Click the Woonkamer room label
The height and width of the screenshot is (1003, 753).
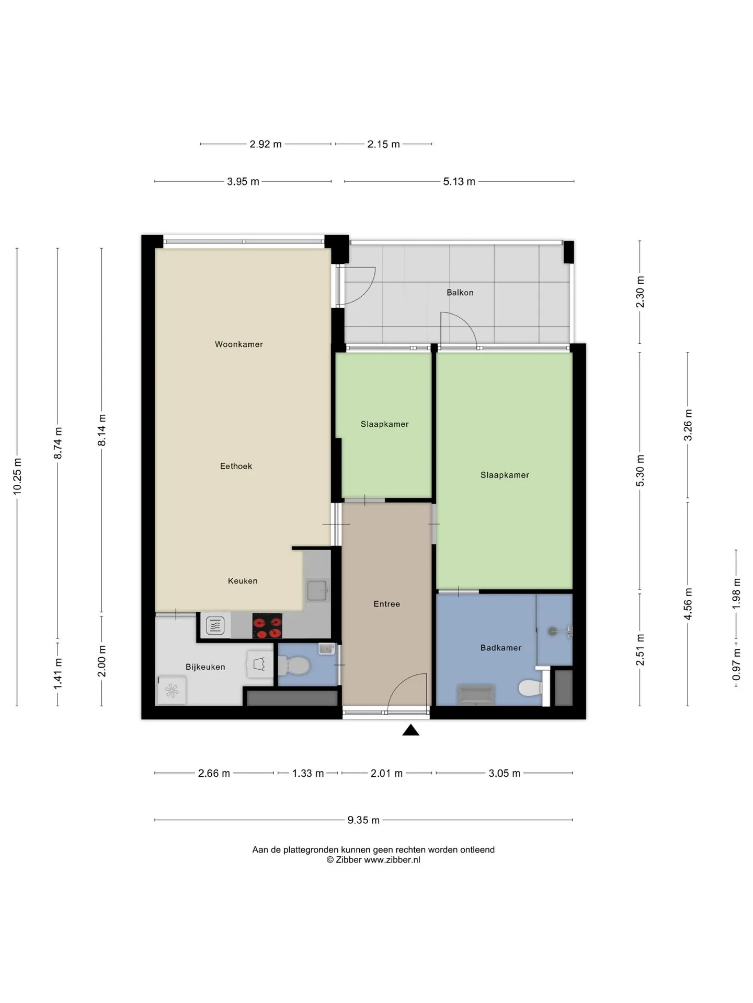point(239,344)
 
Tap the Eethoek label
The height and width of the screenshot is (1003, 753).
point(236,466)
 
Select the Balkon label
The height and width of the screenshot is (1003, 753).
point(460,293)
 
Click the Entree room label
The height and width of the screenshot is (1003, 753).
point(386,604)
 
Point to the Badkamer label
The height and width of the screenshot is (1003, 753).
point(501,648)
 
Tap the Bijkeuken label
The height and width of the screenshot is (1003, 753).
point(206,667)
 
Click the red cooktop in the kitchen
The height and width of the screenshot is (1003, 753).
point(267,626)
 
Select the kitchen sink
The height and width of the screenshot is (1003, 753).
point(317,590)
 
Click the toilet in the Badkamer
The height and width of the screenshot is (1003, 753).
point(530,687)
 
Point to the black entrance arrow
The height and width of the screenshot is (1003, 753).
point(411,730)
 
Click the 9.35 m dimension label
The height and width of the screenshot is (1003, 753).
point(363,820)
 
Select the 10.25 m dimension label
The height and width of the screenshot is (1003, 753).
point(17,476)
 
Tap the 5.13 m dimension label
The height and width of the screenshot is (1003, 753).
point(459,182)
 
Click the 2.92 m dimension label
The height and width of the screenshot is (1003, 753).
point(266,144)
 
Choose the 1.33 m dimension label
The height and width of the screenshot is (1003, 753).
point(308,774)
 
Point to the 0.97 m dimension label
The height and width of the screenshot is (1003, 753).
point(736,664)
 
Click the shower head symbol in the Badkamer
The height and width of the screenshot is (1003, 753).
point(553,632)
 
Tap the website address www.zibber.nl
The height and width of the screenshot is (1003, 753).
point(392,860)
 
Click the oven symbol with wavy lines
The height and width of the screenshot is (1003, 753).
point(215,625)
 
